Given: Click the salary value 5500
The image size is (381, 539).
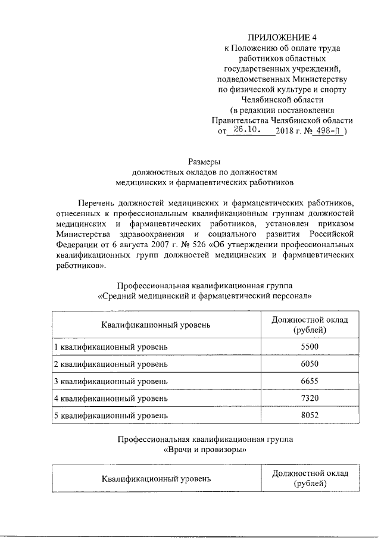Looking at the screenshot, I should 310,346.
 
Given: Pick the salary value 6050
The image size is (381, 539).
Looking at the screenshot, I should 310,363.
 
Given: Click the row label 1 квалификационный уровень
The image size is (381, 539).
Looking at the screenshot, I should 111,346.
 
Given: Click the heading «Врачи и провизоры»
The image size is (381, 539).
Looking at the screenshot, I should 205,451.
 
